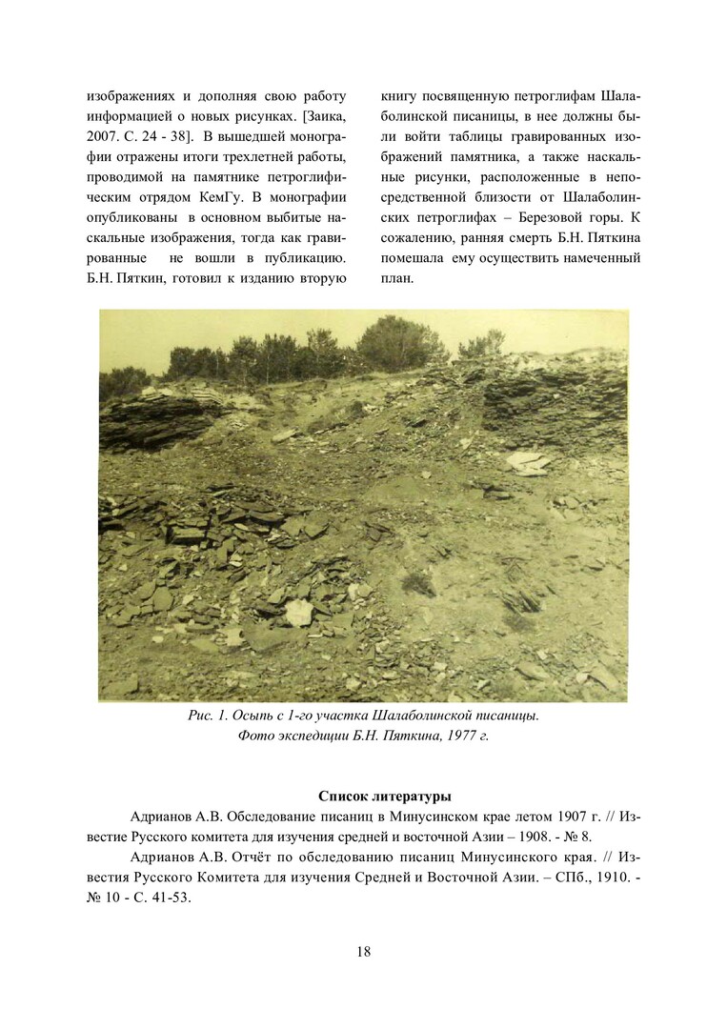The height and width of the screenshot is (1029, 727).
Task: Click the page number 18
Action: pos(364,951)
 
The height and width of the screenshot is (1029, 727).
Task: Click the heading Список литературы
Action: pos(385,797)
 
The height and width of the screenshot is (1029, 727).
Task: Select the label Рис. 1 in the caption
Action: pos(209,716)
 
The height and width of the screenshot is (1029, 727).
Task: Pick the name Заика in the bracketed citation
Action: pos(325,117)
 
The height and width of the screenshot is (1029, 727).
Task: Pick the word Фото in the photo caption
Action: pos(253,736)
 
